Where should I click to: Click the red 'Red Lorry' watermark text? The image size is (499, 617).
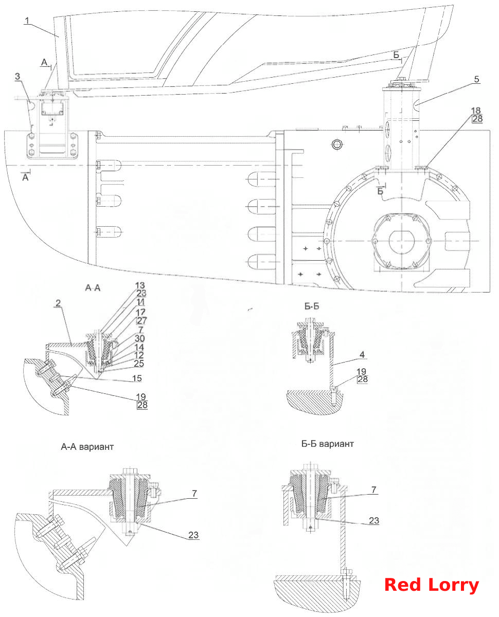point(431,585)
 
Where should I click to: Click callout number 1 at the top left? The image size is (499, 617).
point(27,21)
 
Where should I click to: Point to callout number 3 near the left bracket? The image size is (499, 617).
point(17,77)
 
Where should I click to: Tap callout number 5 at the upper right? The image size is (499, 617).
point(476,79)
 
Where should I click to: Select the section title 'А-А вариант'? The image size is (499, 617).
point(87,446)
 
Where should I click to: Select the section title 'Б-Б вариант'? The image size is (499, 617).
point(327,444)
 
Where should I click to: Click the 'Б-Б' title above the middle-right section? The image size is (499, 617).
point(312,306)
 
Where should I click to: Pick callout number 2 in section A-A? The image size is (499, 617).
point(58,303)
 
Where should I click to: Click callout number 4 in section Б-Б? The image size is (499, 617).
point(362,354)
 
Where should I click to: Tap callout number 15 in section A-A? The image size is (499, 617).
point(137,378)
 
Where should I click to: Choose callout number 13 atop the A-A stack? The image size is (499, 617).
point(140,285)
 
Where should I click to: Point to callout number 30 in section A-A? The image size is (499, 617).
point(140,338)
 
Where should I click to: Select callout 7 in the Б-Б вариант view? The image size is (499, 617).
point(373,489)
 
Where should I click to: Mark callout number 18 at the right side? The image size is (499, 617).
point(475,111)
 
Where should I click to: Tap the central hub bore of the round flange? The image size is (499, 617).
point(402,241)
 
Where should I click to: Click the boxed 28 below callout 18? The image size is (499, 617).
point(477,118)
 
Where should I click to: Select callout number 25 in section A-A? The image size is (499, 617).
point(139,364)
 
